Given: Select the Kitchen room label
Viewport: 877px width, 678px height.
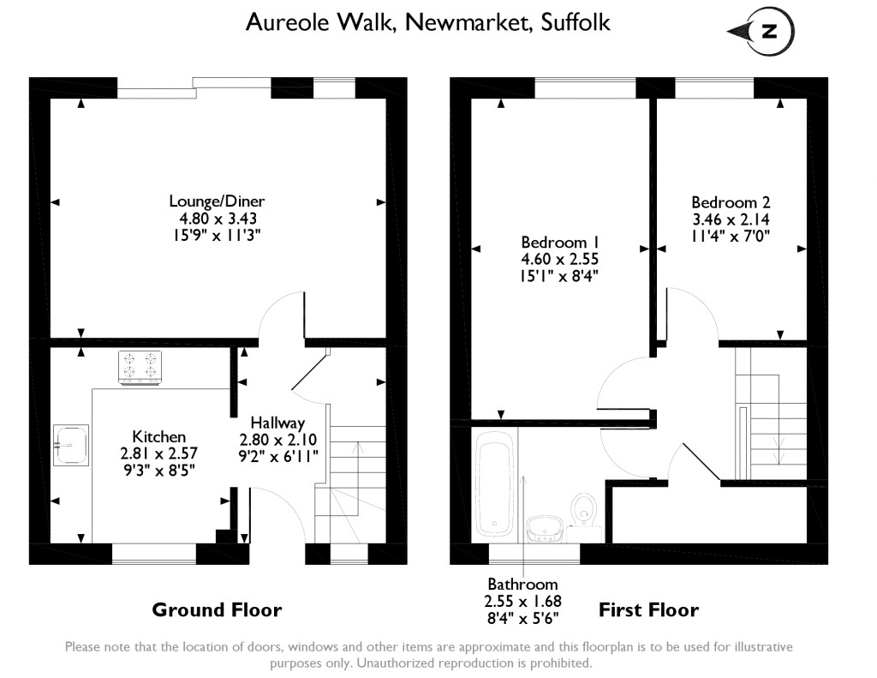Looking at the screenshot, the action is [x=158, y=436].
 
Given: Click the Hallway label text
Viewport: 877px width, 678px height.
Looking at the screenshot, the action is [x=277, y=423].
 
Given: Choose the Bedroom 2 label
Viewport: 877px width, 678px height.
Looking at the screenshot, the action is [x=731, y=203].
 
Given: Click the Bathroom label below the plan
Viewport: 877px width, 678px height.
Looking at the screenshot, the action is [x=522, y=585].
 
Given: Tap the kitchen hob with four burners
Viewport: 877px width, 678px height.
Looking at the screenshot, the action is [x=140, y=367].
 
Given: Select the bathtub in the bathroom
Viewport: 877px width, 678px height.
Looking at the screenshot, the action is [x=494, y=484].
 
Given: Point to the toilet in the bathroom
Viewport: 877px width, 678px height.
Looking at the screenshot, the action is [x=583, y=507].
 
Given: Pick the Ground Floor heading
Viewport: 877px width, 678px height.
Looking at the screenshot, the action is [x=217, y=610].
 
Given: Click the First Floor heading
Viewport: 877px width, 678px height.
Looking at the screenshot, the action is [x=648, y=610].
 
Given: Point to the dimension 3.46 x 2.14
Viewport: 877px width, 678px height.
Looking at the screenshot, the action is [x=731, y=219].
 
